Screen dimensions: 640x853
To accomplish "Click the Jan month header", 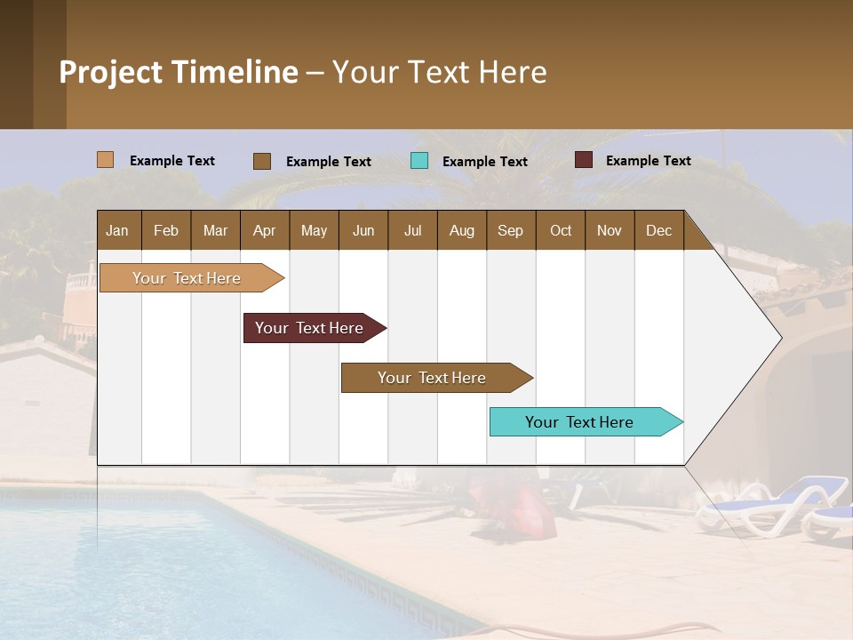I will (x=117, y=230).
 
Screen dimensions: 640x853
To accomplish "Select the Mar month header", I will (x=215, y=230).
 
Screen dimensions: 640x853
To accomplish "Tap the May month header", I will (x=314, y=230).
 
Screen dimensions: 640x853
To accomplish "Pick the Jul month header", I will (x=412, y=230).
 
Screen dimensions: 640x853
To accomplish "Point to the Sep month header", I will (x=510, y=230).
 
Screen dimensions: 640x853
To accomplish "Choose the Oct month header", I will (x=561, y=230).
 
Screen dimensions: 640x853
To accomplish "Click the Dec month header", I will (x=658, y=230).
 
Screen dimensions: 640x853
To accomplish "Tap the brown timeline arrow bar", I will (x=433, y=378).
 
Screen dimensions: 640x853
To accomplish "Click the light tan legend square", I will (x=105, y=160).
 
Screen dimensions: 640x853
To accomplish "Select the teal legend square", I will (x=419, y=161).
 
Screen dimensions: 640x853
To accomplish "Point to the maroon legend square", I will (x=583, y=160).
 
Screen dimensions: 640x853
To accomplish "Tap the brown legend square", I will (x=261, y=161).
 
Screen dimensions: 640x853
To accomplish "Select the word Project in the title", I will (x=111, y=72).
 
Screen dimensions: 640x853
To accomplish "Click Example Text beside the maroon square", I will (x=648, y=161).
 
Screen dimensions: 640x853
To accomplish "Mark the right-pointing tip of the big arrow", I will (x=779, y=338).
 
